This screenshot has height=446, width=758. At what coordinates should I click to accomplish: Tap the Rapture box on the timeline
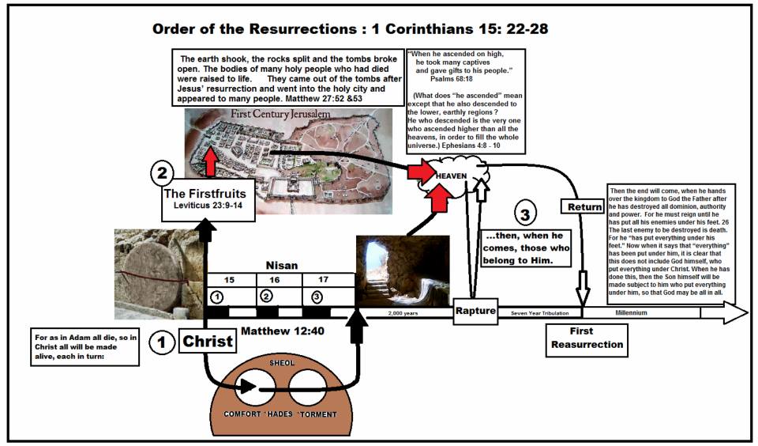tap(475, 312)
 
